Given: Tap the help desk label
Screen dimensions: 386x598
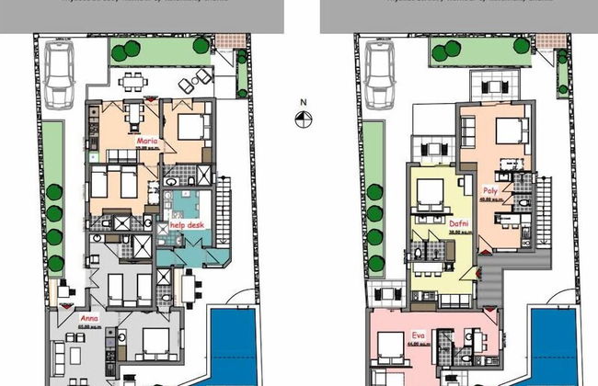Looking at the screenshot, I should pyautogui.click(x=187, y=223).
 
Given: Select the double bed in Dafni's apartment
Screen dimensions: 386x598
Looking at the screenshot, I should pyautogui.click(x=430, y=194).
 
